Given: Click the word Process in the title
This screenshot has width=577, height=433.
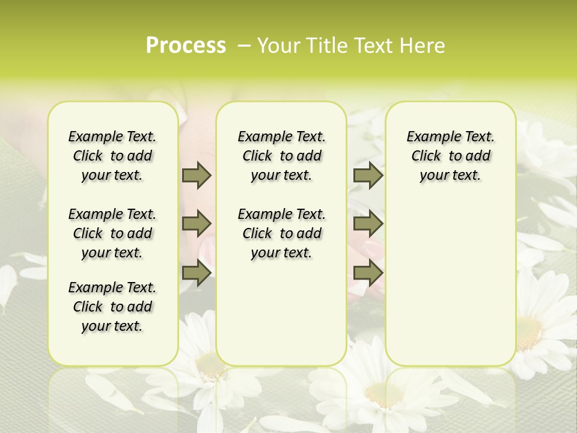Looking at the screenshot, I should (186, 46).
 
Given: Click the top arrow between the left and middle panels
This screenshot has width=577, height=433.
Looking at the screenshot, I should (197, 175).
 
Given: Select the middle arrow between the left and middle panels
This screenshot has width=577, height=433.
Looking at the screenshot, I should (197, 224).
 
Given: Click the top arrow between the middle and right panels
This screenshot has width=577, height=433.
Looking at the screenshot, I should (368, 175).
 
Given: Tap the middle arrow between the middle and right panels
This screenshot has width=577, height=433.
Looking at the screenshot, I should (368, 224).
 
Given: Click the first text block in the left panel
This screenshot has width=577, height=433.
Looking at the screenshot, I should (112, 156).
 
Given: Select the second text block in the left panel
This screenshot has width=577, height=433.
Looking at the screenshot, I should (112, 233).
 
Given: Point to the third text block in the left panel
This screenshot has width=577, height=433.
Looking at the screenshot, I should (112, 307).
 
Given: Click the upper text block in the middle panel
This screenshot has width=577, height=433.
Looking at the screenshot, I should (281, 156).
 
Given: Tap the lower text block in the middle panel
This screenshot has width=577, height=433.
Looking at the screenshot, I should (281, 233).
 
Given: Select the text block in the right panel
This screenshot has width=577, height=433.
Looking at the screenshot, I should (450, 156).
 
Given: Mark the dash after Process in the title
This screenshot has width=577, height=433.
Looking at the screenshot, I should (244, 46).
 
